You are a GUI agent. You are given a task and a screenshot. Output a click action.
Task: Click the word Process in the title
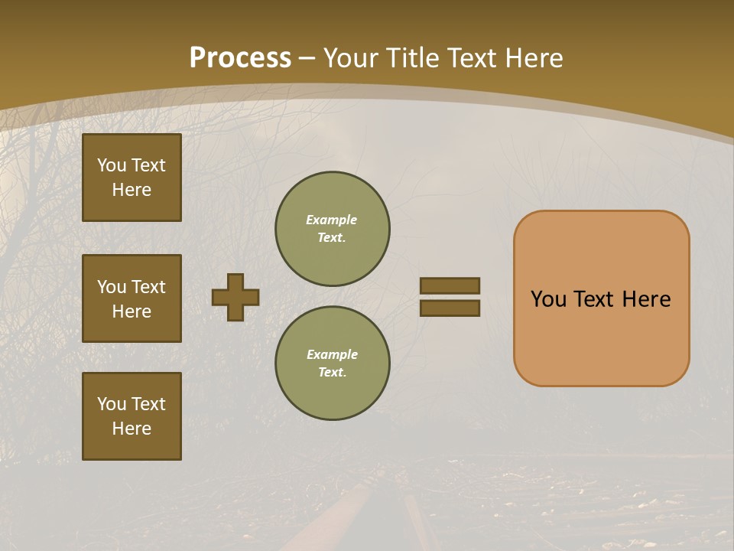pos(240,57)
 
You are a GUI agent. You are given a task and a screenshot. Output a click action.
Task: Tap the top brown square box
pos(132,178)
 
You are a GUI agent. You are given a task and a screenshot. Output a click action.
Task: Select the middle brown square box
pos(132,298)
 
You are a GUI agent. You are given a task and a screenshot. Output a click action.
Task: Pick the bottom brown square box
pos(132,416)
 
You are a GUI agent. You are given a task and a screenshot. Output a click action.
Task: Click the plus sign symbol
pos(235,297)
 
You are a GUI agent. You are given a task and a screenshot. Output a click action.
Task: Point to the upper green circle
pos(332,229)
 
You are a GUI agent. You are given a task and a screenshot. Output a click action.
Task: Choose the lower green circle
pos(332,364)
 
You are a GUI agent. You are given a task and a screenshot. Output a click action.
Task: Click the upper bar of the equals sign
pos(450,285)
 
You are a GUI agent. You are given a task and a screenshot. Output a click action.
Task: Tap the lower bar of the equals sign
pos(450,308)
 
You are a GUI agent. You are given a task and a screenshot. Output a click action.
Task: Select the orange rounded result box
pos(601,337)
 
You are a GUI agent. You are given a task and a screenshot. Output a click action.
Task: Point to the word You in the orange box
pos(548,299)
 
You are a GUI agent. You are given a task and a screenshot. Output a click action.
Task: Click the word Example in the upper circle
pos(331,220)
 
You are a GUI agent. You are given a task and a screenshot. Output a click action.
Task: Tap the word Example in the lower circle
pos(332,354)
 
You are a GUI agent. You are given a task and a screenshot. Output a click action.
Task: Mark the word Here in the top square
pos(132,190)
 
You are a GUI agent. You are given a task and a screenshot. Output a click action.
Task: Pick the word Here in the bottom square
pos(132,429)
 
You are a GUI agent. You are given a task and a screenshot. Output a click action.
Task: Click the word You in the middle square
pos(112,287)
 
